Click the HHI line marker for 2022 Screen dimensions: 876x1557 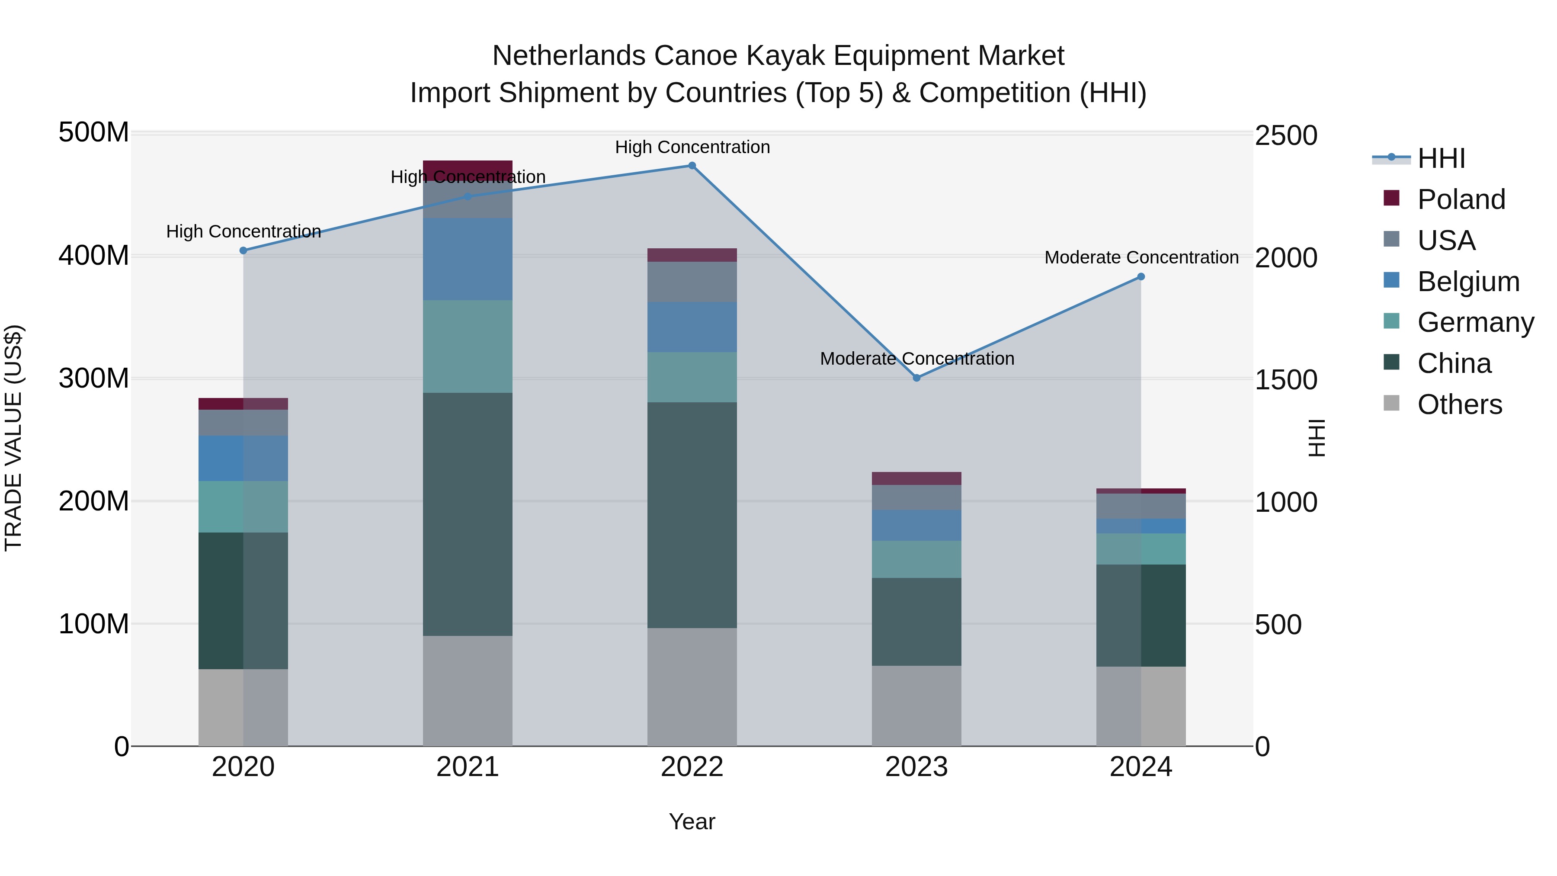pos(692,166)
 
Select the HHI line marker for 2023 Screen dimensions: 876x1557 pos(916,378)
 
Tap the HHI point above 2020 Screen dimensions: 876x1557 pos(243,250)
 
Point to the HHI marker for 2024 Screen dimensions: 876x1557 pos(1141,277)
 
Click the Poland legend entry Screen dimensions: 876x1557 pos(1460,199)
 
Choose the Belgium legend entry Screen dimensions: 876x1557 pos(1467,282)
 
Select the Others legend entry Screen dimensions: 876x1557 pos(1459,404)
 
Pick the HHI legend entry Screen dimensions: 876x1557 pos(1441,158)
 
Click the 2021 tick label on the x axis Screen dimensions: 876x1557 pos(467,767)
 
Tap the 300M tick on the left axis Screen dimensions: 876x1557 pos(94,379)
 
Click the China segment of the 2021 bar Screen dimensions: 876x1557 pos(467,514)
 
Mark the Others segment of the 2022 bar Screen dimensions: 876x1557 pos(692,687)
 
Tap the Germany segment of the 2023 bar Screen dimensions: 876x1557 pos(916,559)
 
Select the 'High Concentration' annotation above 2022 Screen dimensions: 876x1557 pos(692,147)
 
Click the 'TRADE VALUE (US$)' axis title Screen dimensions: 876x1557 pos(13,438)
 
